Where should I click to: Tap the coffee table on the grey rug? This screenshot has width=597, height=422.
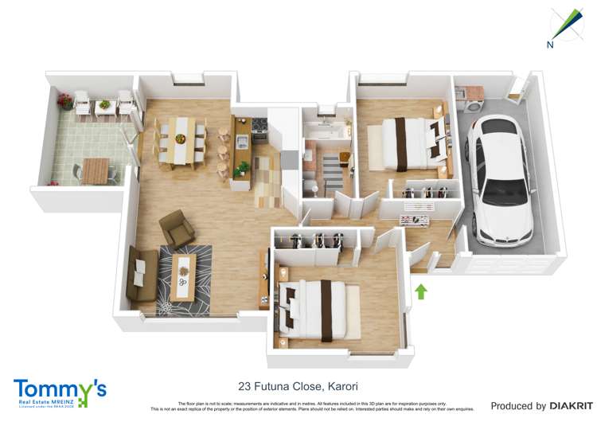click(183, 277)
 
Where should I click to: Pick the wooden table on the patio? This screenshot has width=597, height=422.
click(95, 170)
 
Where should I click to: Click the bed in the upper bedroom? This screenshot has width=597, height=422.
click(409, 143)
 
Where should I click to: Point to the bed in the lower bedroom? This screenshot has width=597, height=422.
click(318, 307)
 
